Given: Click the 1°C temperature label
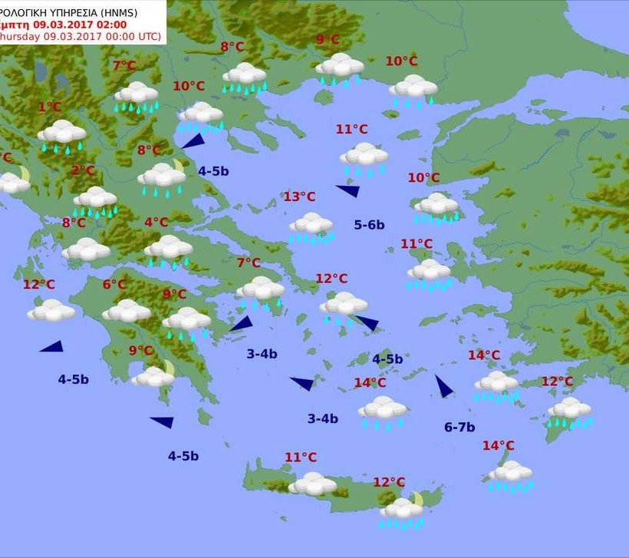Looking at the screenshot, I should tap(49, 107).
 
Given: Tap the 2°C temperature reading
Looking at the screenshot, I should tap(83, 170).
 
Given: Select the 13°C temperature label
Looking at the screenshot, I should tap(299, 197).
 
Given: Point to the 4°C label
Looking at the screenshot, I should tap(156, 223).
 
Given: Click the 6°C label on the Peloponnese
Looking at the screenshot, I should tap(114, 285).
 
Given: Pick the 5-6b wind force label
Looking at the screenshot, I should tap(369, 225).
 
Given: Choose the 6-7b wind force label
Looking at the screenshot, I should tap(459, 428).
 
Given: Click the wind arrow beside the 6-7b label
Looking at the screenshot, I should tap(443, 387).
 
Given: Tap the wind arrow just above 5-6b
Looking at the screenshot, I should tap(348, 190).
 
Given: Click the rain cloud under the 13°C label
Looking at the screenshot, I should tap(311, 226).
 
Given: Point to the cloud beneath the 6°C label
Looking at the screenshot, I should tap(127, 311).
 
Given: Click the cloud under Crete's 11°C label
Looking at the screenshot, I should tap(312, 484).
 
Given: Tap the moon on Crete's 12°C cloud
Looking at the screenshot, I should tap(417, 499).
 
